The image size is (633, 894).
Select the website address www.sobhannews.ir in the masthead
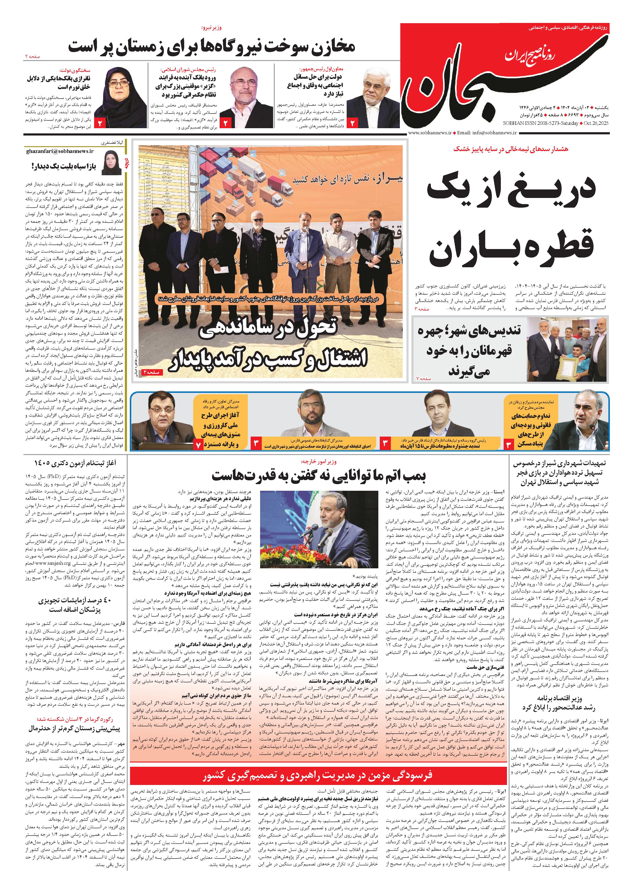pos(430,133)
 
